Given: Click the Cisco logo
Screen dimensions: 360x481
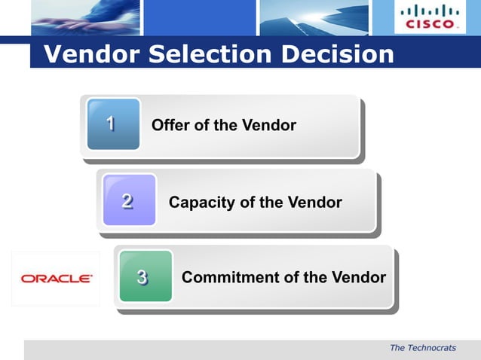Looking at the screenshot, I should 430,17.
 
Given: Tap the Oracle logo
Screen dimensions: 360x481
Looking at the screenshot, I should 57,279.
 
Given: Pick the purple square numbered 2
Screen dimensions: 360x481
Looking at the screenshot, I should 129,201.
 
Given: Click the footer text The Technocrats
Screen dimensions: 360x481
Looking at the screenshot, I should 423,348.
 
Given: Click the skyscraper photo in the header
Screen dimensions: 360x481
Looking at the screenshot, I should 313,17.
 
